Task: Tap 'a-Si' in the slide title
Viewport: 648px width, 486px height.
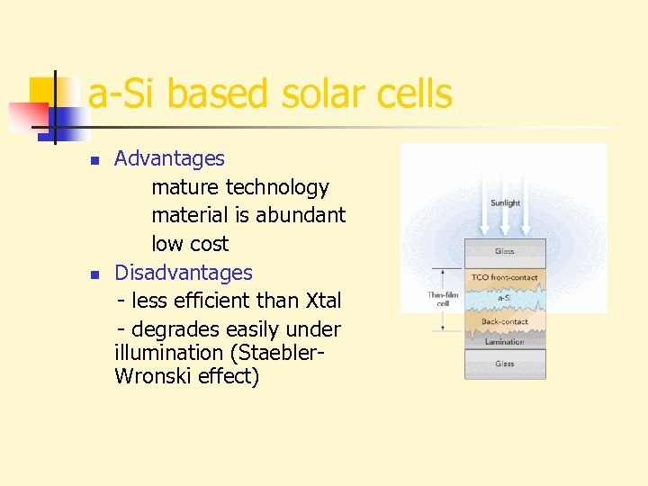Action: point(121,94)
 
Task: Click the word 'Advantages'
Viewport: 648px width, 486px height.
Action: point(169,158)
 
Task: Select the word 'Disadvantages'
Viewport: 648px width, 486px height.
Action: point(184,272)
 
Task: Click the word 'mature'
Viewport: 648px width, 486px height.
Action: point(185,187)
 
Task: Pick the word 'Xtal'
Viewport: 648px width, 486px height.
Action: point(324,300)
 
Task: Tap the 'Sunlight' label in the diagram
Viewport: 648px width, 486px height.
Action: point(505,203)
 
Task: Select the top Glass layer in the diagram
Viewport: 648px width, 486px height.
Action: point(505,251)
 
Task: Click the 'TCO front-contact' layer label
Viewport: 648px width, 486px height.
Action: point(505,277)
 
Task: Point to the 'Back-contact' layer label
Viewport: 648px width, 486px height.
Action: point(505,321)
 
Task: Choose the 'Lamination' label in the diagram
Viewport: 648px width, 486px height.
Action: point(505,341)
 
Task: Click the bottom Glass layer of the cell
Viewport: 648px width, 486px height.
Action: point(505,364)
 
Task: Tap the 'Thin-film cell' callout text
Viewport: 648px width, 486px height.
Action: point(443,299)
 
